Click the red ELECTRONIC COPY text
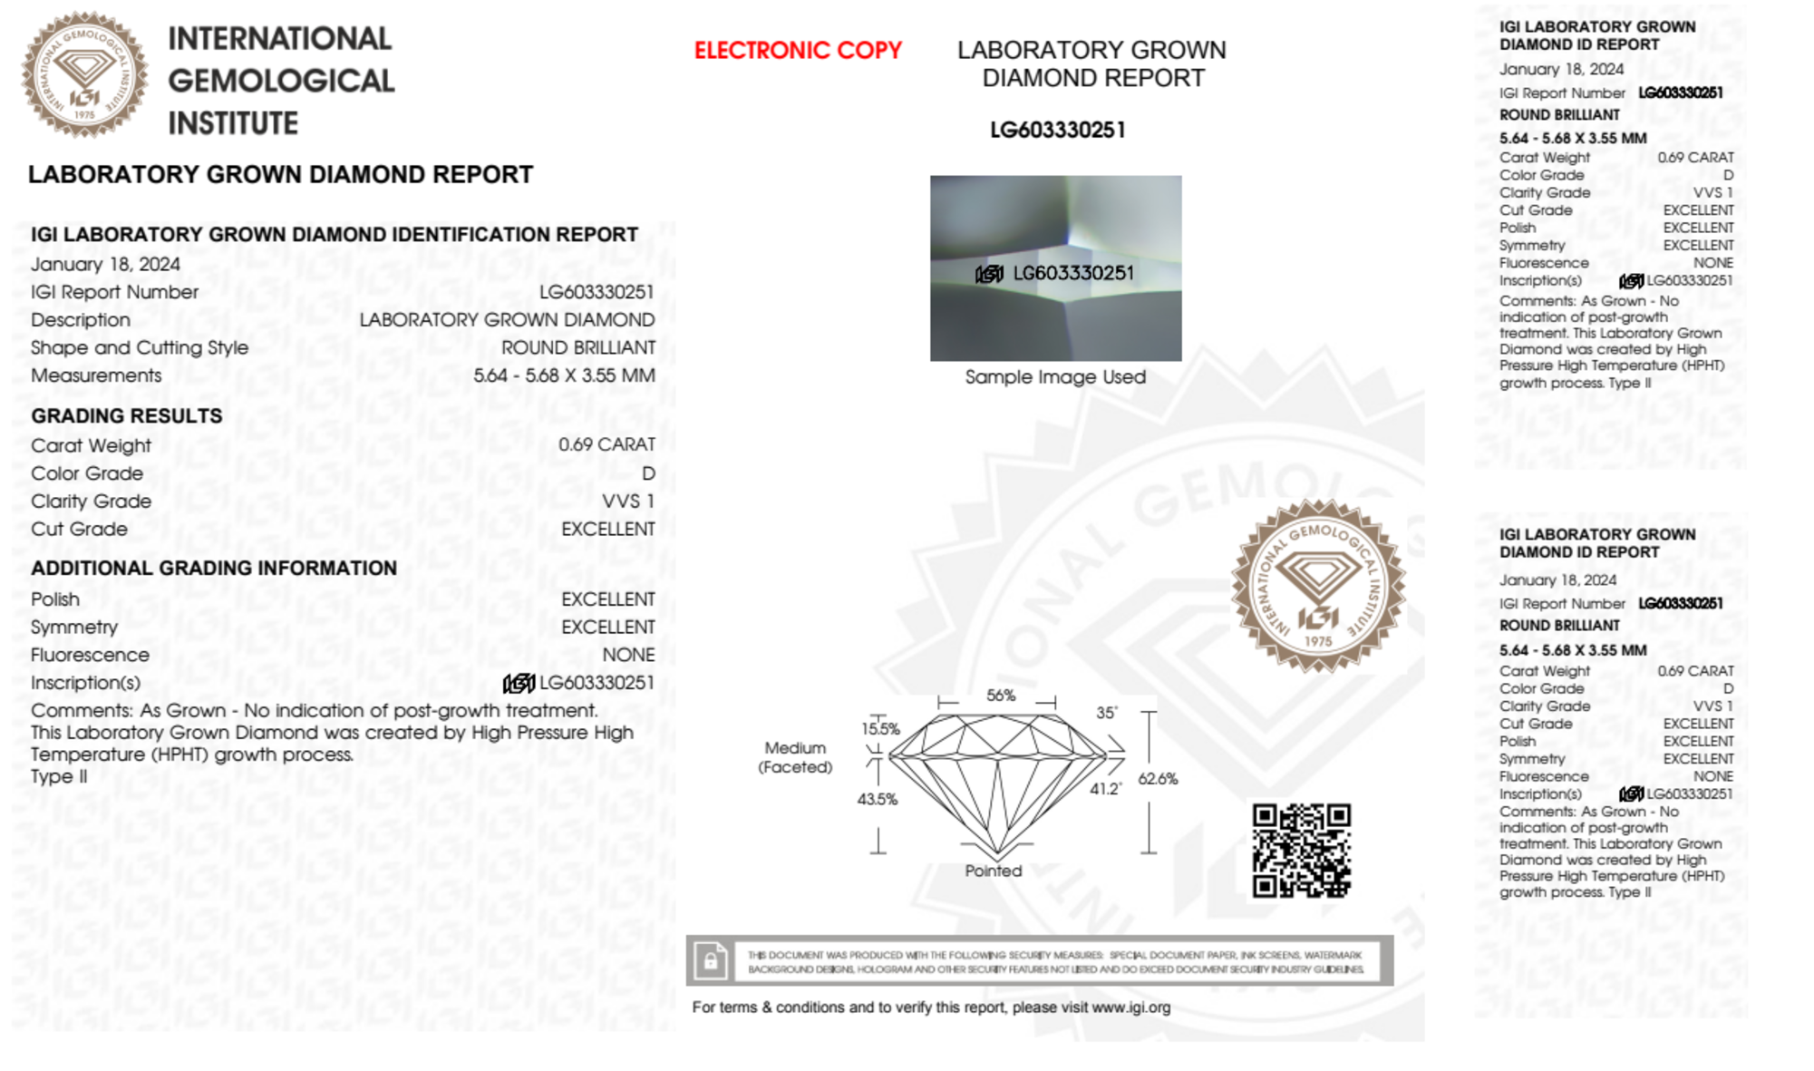[798, 51]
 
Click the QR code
[1301, 850]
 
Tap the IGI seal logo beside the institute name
[84, 74]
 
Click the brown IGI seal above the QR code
[1318, 586]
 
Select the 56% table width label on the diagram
[1001, 696]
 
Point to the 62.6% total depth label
[1158, 779]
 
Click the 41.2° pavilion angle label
[1105, 789]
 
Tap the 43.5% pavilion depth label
[877, 799]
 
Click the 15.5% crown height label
[880, 728]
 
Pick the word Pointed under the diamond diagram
[993, 871]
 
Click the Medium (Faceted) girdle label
[795, 757]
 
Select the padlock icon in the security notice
[710, 960]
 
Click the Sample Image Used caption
[1055, 377]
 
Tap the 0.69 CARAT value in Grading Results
[606, 444]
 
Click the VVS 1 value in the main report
[628, 501]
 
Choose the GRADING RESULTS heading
[127, 416]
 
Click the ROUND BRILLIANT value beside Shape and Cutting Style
[578, 347]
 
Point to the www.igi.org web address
[1130, 1008]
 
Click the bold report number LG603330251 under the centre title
[1058, 131]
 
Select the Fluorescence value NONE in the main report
[628, 655]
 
